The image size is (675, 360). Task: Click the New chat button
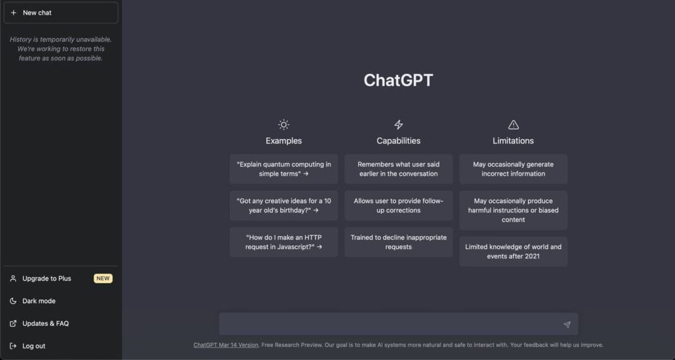(x=61, y=13)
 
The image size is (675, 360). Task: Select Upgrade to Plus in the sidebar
(x=47, y=279)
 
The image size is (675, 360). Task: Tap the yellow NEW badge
(x=103, y=279)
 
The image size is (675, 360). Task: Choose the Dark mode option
(x=39, y=301)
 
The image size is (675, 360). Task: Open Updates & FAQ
(x=46, y=323)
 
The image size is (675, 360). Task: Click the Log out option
(x=33, y=346)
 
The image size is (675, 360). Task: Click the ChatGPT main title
(x=398, y=80)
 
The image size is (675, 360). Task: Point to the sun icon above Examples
(x=284, y=124)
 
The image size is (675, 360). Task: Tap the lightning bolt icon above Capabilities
(x=398, y=124)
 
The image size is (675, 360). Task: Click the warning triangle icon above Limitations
(x=513, y=124)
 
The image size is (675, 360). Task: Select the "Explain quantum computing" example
(x=284, y=169)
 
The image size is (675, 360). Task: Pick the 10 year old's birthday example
(x=284, y=205)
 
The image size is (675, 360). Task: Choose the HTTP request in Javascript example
(x=284, y=242)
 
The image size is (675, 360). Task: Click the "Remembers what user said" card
(x=398, y=169)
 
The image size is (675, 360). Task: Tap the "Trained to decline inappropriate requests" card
(x=398, y=242)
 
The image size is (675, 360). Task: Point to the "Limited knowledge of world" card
(x=513, y=251)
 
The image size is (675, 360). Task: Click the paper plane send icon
(x=567, y=325)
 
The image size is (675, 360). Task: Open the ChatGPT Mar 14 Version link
(x=226, y=345)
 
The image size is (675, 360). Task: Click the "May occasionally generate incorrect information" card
(x=513, y=169)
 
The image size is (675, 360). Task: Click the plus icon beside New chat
(x=14, y=13)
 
